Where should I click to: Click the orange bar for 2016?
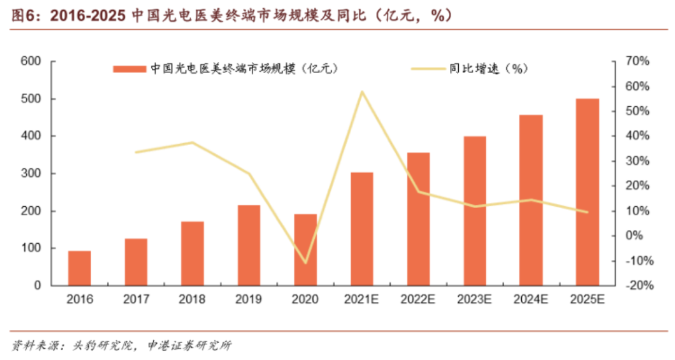pos(79,268)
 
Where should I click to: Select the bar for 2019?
pos(249,245)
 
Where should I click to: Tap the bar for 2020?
pos(306,249)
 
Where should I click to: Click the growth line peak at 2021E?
pos(362,92)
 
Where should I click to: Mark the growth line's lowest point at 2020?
pos(306,262)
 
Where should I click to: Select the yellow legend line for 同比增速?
pos(428,69)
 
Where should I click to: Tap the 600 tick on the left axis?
pos(31,61)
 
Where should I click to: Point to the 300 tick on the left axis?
pos(31,174)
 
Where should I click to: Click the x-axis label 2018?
pos(192,299)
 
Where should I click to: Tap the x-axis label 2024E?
pos(531,299)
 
